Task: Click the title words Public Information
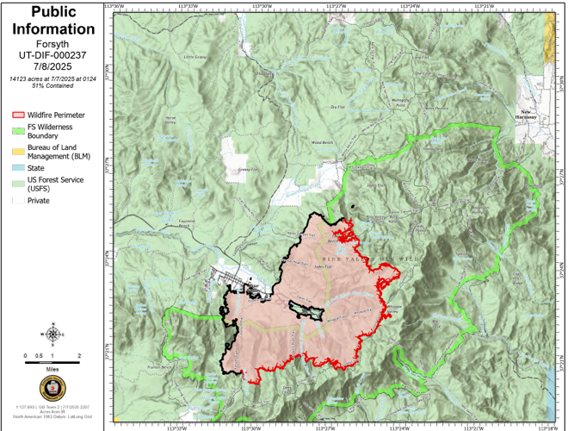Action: point(53,21)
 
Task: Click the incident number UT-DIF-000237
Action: point(53,53)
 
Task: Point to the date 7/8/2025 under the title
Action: point(53,66)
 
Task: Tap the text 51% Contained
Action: point(53,86)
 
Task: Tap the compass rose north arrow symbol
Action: point(53,334)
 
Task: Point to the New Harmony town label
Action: point(528,113)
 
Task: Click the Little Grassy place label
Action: point(195,57)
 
